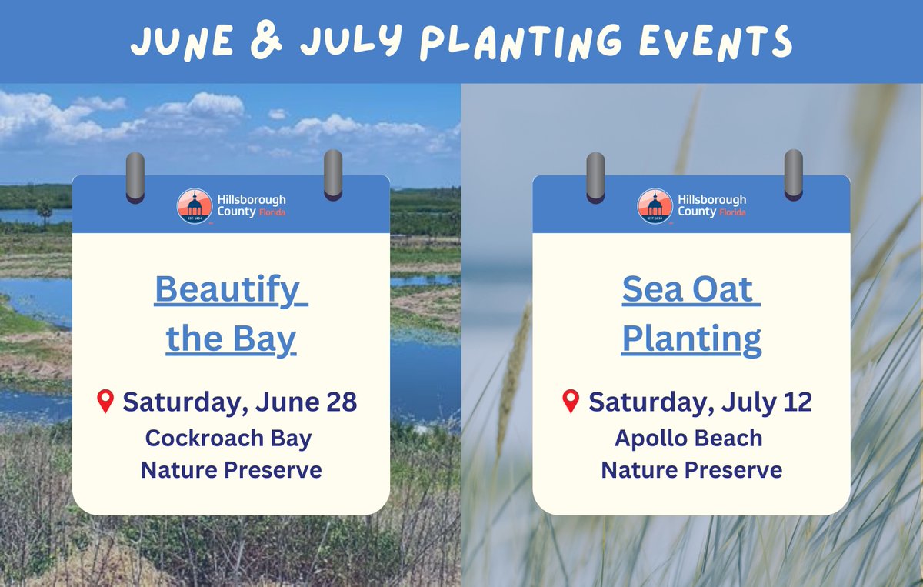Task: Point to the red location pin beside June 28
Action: (x=105, y=401)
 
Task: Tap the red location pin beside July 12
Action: (x=570, y=401)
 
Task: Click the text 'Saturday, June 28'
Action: (x=239, y=402)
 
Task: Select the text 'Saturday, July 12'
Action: (x=700, y=402)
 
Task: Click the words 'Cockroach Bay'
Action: (x=228, y=439)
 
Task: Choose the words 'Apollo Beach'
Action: (x=688, y=439)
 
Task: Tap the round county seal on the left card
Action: (x=193, y=205)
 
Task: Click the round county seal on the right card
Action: (x=655, y=205)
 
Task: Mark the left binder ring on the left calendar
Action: (x=135, y=176)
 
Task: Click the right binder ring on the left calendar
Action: (x=333, y=175)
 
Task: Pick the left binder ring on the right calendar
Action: (x=595, y=176)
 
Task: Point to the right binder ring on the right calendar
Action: (x=794, y=175)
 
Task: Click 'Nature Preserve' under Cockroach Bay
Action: (x=231, y=469)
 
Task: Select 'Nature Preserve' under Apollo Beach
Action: (x=691, y=469)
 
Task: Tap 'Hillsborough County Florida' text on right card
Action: (x=711, y=205)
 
